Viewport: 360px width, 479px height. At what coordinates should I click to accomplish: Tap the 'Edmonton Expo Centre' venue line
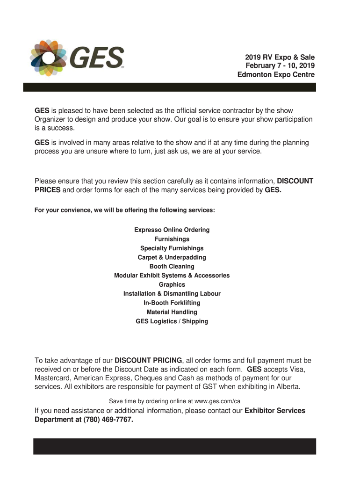(x=276, y=75)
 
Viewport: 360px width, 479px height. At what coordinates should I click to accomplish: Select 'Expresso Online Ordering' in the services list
(x=172, y=230)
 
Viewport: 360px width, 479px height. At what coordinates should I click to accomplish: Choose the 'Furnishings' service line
(x=172, y=239)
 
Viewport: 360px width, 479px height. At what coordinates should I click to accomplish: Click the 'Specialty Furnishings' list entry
(x=172, y=248)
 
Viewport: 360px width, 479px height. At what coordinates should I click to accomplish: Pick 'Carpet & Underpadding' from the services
(x=172, y=257)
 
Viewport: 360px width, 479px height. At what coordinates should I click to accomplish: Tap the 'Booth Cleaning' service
(x=172, y=267)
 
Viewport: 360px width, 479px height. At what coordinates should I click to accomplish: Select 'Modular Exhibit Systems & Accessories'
(x=172, y=276)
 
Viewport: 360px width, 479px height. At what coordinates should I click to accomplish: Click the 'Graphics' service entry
(x=172, y=285)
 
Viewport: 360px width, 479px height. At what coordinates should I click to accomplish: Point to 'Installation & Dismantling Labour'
(x=172, y=294)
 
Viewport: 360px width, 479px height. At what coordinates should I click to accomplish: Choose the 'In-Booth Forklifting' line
(x=172, y=303)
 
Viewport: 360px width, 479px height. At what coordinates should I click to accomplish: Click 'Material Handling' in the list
(x=172, y=312)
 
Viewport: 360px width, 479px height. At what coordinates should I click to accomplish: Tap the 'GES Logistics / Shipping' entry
(x=172, y=321)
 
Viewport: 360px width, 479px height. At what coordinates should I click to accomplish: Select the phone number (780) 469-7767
(x=108, y=420)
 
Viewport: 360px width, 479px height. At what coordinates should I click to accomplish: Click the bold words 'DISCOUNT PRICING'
(x=148, y=360)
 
